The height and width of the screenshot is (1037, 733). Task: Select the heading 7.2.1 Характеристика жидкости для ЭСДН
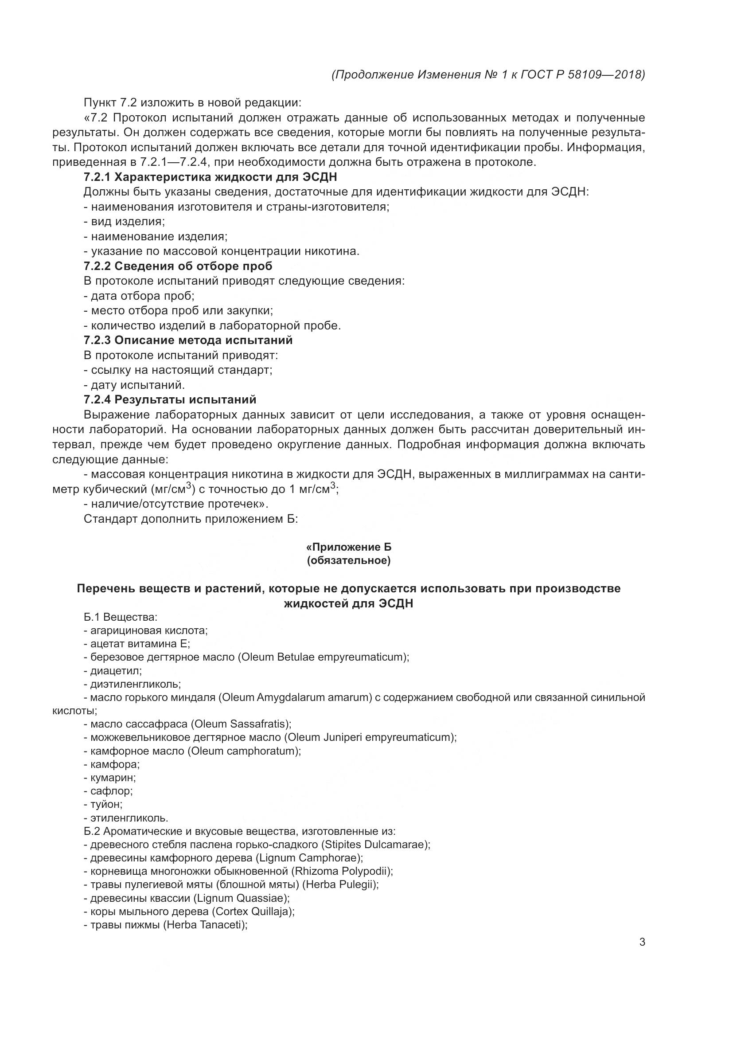(x=211, y=177)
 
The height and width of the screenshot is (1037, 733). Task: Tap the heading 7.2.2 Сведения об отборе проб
(x=178, y=266)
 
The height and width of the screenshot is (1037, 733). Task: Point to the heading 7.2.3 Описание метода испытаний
(x=188, y=340)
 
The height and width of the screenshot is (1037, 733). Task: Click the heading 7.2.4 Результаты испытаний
(x=170, y=399)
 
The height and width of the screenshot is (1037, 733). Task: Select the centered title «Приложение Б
(x=348, y=547)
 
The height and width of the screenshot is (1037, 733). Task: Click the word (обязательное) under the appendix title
(x=348, y=560)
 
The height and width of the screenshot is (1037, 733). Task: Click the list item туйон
(x=106, y=804)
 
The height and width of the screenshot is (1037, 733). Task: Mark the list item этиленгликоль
(x=129, y=818)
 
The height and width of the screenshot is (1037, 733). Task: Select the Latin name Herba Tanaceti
(x=206, y=925)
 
